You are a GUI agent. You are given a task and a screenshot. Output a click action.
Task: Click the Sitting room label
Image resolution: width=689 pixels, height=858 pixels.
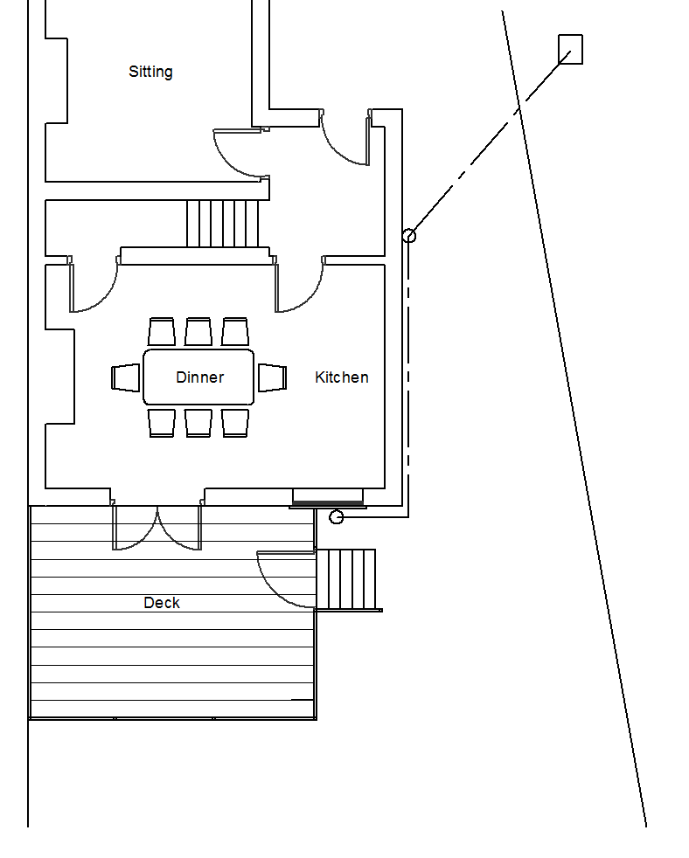pos(150,72)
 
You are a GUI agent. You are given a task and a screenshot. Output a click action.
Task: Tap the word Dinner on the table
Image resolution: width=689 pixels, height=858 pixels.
pos(199,377)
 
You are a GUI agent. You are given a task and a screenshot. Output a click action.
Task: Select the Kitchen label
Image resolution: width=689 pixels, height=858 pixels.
pos(341,377)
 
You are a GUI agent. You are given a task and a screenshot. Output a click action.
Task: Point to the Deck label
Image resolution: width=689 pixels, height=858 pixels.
pos(162,603)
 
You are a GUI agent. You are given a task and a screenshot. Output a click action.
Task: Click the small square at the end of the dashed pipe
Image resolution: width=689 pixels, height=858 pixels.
pos(570,49)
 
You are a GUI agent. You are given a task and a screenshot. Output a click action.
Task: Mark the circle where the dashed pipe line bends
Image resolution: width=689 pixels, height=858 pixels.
pos(408,235)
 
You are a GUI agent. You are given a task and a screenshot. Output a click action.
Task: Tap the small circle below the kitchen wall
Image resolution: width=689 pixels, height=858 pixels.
pos(337,518)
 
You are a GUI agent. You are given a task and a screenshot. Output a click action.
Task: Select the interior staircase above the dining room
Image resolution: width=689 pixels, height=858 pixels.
pos(223,224)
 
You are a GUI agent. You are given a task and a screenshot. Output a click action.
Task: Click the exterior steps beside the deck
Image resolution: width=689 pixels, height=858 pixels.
pos(346,579)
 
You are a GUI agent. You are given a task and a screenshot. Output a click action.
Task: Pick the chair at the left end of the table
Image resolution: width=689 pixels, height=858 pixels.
pos(126,377)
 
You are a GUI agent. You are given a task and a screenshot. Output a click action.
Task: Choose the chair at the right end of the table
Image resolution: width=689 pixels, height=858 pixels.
pos(273,377)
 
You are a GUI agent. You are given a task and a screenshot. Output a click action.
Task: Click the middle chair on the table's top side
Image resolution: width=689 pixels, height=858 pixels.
pos(198,332)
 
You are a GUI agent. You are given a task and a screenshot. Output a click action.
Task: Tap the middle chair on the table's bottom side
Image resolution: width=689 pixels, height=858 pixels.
pos(198,423)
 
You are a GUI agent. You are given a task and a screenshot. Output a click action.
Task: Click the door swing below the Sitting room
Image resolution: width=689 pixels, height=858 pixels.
pos(238,154)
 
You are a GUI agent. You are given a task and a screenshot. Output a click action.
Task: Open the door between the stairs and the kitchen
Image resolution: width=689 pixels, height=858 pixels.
pos(300,287)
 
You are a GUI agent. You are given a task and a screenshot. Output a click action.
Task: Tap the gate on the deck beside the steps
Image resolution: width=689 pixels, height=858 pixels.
pos(286,579)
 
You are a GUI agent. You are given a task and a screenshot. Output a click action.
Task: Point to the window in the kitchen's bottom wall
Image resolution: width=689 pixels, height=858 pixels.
pos(327,498)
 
